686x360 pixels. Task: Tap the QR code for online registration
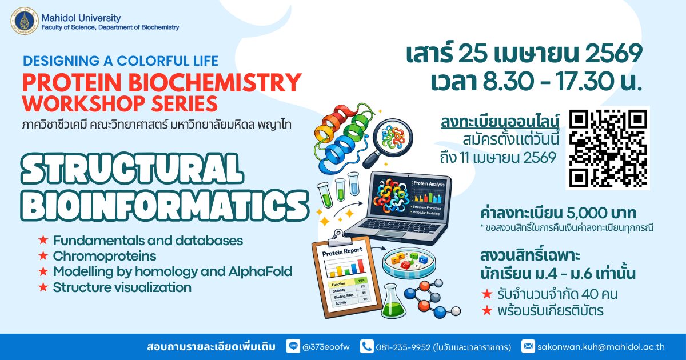click(608, 147)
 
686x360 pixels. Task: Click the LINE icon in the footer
click(293, 346)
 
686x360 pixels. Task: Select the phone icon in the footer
click(366, 346)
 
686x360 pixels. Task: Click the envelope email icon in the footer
click(528, 346)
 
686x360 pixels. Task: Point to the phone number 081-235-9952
click(402, 346)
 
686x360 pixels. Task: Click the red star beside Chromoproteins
click(42, 256)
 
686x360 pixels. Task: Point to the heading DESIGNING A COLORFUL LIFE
click(121, 61)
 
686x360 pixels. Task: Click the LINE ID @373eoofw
click(327, 346)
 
